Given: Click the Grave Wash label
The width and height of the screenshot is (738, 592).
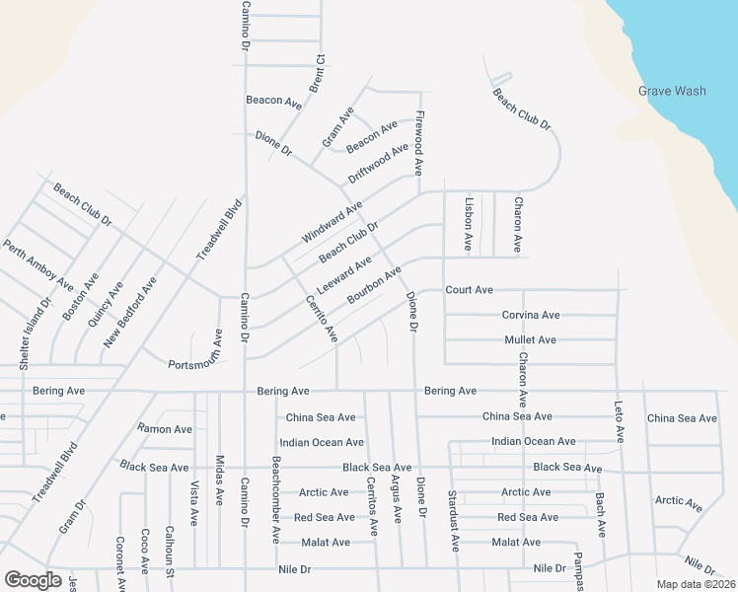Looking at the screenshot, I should tap(672, 91).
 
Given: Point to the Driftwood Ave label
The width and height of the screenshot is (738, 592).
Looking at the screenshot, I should tap(378, 164).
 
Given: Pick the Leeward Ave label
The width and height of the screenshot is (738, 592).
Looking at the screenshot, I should tap(343, 274).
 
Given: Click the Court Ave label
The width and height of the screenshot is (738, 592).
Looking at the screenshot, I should tap(469, 290).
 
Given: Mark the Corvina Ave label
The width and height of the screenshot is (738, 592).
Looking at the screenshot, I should tap(531, 315).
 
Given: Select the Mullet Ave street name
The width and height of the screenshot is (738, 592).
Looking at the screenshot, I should tap(531, 339).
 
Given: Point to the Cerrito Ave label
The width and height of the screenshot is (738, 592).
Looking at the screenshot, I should tap(322, 319).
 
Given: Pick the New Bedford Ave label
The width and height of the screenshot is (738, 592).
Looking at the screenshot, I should tap(130, 313).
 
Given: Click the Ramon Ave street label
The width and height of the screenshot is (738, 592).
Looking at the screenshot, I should tap(165, 429).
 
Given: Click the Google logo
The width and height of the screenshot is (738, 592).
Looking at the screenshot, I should tap(33, 580).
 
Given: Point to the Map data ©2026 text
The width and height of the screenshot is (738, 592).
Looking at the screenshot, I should tap(697, 584).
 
